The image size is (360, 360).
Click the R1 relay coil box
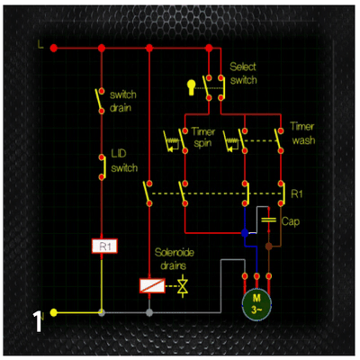tap(104, 247)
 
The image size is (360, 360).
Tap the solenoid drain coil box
tap(152, 285)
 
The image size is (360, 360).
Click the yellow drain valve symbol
tap(183, 286)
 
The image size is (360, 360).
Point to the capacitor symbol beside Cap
tap(268, 220)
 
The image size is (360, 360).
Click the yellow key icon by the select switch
tap(191, 87)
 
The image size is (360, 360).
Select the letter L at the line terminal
tap(40, 45)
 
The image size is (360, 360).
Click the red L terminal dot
tap(53, 48)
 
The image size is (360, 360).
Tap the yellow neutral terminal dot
tap(53, 312)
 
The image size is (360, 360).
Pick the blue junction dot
tap(245, 233)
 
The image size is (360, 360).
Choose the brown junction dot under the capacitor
tap(269, 247)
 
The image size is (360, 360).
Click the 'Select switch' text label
tap(243, 74)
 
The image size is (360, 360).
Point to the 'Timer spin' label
tap(203, 137)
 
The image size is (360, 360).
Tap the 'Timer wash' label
tap(302, 133)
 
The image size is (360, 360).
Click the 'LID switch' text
tap(124, 161)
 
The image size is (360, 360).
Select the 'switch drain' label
tap(122, 101)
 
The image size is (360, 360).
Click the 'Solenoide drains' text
tap(174, 259)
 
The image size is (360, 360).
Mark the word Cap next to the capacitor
tap(291, 222)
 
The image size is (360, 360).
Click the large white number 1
tap(38, 321)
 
